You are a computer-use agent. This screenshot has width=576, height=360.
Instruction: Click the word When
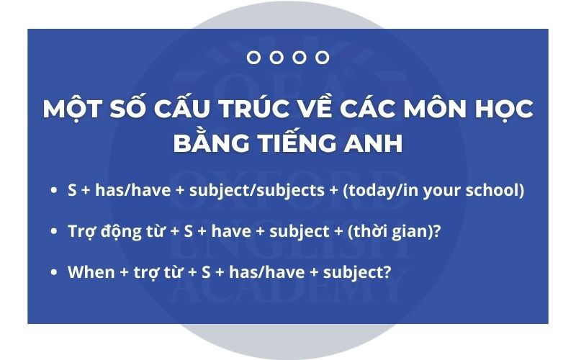(x=91, y=272)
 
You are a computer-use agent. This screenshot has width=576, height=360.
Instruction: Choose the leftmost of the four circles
(x=253, y=58)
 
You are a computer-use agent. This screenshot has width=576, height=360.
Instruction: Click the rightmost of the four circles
(x=322, y=58)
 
